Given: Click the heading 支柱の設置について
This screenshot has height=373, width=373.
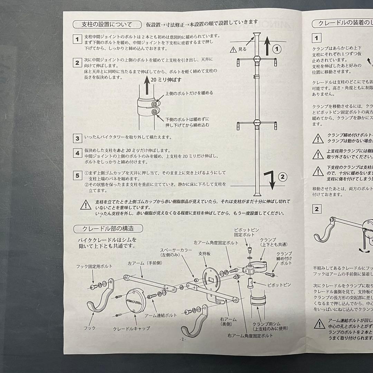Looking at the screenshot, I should click(x=107, y=25).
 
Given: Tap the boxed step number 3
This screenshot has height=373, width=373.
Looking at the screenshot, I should click(x=78, y=138).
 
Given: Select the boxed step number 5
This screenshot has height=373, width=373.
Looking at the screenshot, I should click(x=78, y=175).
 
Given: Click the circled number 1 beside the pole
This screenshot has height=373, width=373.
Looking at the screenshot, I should click(x=275, y=49).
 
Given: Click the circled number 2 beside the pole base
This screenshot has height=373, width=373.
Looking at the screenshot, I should click(x=283, y=177).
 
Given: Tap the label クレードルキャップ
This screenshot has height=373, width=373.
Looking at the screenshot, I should click(x=131, y=328).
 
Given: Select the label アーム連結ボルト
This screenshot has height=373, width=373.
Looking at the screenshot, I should click(x=160, y=315).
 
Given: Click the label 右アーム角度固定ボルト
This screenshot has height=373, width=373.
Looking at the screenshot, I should click(x=250, y=335).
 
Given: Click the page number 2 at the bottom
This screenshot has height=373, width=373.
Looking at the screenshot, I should click(x=182, y=339).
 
